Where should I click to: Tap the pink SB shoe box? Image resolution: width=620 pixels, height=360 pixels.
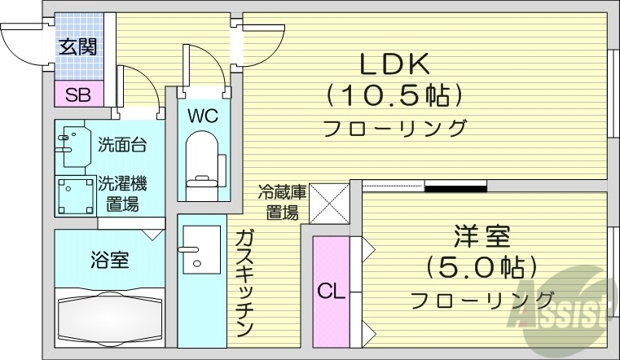click(x=78, y=94)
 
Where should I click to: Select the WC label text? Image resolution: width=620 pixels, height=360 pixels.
click(x=202, y=116)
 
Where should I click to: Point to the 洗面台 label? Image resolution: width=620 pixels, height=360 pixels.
click(x=122, y=146)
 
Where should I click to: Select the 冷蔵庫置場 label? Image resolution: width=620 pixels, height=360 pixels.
click(x=282, y=203)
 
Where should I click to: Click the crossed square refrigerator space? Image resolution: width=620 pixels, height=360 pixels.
click(x=328, y=204)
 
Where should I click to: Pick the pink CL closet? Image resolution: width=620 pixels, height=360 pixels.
click(x=331, y=290)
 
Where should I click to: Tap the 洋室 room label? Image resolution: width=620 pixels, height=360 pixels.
click(x=482, y=238)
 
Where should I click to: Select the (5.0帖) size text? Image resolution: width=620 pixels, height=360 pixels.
click(x=482, y=267)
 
